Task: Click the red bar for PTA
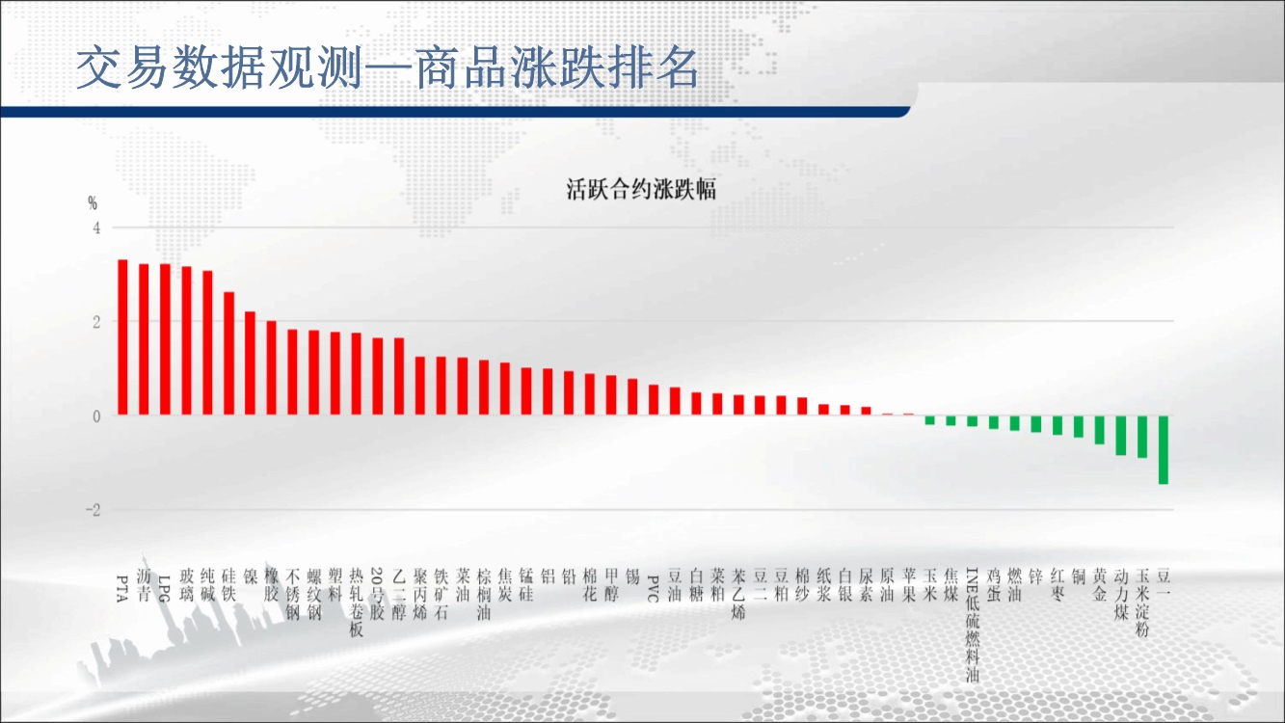coord(122,336)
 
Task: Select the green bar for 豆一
coord(1164,450)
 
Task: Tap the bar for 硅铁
coord(228,354)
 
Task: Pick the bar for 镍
coord(250,363)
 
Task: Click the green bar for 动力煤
coord(1121,436)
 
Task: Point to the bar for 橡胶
coord(271,368)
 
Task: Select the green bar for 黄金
coord(1100,430)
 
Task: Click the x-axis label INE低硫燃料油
coord(973,625)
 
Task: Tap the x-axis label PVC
coord(654,588)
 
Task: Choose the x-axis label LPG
coord(165,588)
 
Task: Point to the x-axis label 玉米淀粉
coord(1142,602)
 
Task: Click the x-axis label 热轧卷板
coord(357,602)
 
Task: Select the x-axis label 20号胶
coord(377,594)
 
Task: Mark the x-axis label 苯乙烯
coord(738,594)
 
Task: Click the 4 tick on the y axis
coord(96,228)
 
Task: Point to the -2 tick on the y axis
coord(93,510)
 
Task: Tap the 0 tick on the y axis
coord(96,416)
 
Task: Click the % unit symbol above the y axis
coord(93,202)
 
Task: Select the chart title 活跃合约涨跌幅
coord(641,189)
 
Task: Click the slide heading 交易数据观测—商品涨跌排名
coord(388,67)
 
